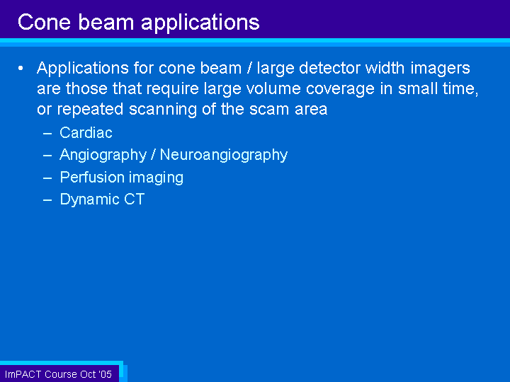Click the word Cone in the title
click(x=44, y=22)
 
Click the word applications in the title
click(x=200, y=23)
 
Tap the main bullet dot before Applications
click(x=21, y=68)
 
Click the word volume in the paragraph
click(x=273, y=88)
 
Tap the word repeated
click(x=90, y=110)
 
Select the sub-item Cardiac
click(x=86, y=132)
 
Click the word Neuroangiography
click(x=224, y=155)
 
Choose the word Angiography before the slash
click(x=103, y=155)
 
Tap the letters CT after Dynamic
click(x=134, y=199)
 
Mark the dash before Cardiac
click(x=47, y=134)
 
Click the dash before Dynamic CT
click(x=47, y=200)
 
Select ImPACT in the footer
click(x=23, y=374)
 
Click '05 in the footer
click(x=105, y=374)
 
